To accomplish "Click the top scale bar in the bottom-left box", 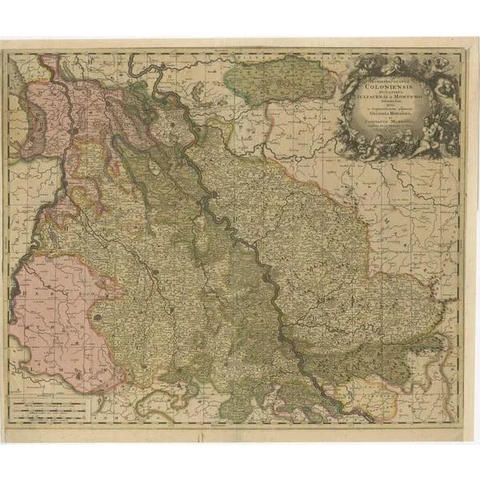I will (53, 406).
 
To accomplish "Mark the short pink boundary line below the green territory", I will (240, 128).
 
